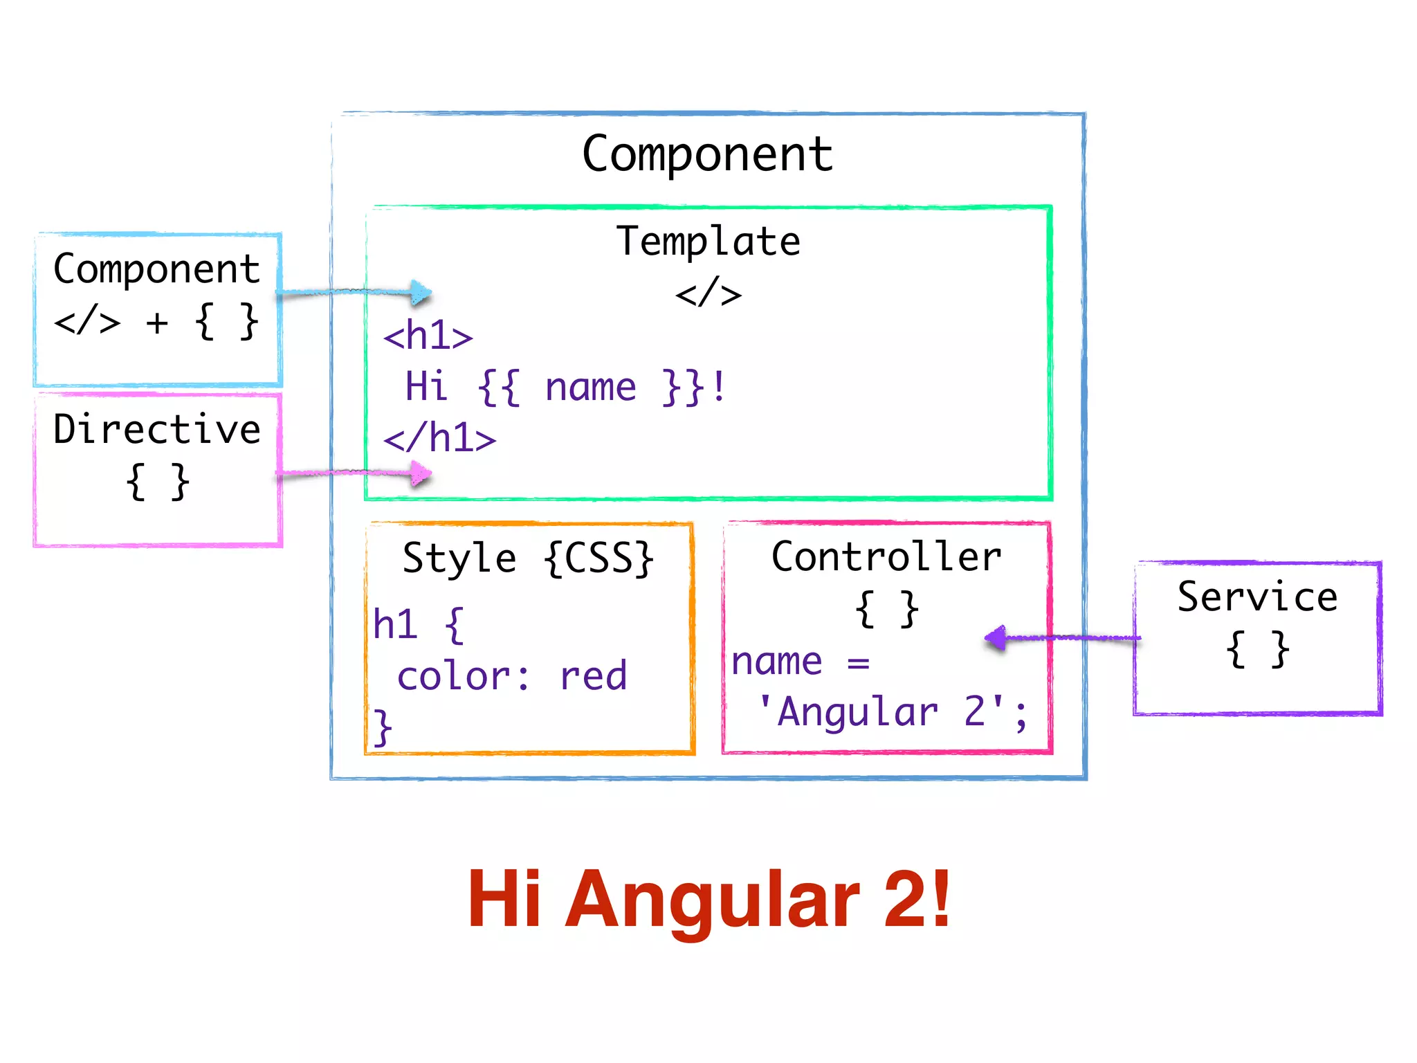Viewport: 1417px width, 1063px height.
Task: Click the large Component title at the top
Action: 707,154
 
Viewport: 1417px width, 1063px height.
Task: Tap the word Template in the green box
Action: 708,242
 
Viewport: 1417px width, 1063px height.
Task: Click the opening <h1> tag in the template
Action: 428,336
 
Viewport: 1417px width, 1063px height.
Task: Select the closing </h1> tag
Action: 440,438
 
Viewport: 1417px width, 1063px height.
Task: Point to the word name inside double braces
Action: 590,388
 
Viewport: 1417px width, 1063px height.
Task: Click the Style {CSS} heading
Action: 528,558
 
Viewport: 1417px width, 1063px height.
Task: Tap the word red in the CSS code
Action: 593,676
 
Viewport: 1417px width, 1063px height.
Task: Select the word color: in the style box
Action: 464,676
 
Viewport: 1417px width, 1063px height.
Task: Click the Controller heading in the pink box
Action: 886,556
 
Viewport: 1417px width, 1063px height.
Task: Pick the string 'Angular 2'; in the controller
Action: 893,712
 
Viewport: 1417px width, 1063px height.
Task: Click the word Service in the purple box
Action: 1257,597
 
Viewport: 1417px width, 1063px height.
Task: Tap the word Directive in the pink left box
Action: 157,429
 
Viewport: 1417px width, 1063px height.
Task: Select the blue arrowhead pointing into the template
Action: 421,293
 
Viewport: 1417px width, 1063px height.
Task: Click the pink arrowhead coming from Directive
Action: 421,474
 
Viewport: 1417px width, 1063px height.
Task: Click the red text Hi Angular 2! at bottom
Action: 708,900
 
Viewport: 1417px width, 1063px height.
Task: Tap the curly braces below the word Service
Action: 1257,649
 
